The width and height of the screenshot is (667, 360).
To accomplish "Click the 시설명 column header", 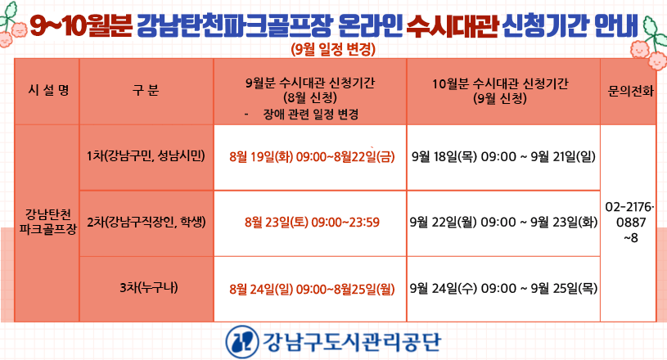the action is click(48, 90).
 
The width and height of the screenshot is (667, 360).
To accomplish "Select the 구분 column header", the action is click(146, 90).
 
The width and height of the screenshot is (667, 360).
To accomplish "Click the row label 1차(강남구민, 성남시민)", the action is click(146, 156).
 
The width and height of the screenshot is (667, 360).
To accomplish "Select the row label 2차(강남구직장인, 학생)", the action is click(146, 222).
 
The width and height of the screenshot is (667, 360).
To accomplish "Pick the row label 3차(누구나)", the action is click(148, 288).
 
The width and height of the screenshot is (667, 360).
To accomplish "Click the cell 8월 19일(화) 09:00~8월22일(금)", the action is click(312, 157).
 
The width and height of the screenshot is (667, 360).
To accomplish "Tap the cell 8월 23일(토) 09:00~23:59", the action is click(312, 223).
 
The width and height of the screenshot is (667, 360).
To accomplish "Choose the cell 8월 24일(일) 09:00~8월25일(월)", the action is click(312, 290).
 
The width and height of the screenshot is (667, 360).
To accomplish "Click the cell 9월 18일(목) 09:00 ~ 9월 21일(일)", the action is click(503, 157).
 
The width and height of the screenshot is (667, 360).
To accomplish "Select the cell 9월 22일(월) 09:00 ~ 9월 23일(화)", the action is click(503, 223).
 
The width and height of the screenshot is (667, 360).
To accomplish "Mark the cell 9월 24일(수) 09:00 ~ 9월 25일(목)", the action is click(503, 289).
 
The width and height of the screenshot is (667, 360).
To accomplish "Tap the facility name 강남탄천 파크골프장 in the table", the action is click(48, 222).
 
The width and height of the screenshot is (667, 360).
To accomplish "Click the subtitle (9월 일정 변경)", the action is click(334, 49).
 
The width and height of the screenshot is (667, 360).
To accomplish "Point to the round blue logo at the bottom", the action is click(242, 341).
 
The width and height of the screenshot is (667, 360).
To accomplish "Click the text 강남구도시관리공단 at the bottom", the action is click(352, 342).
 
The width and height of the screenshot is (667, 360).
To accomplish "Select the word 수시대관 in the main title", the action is click(452, 25).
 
